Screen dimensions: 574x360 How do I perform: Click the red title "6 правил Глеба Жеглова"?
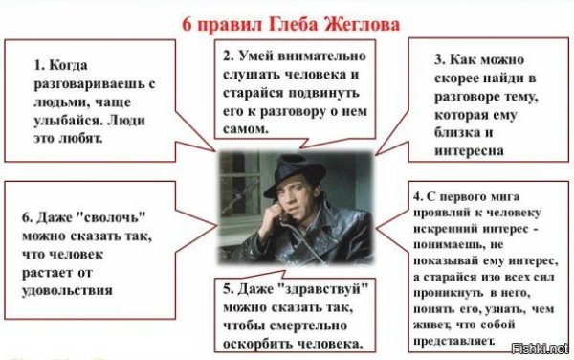coord(286,20)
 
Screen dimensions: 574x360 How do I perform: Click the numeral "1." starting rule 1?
coord(38,66)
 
